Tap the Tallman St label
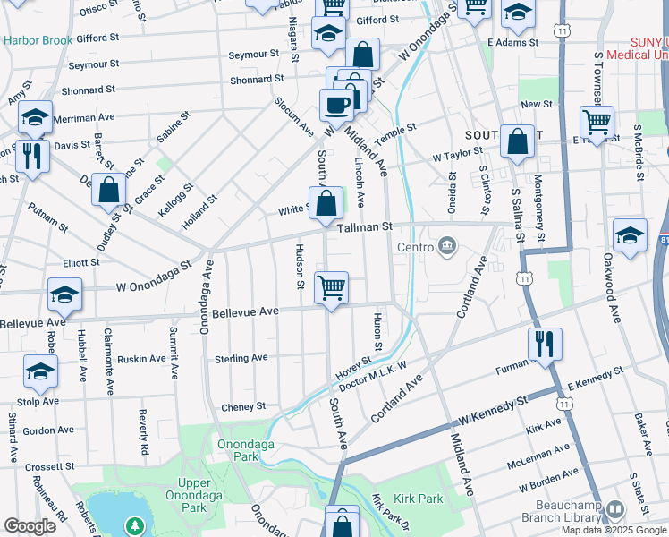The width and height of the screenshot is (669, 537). pyautogui.click(x=366, y=227)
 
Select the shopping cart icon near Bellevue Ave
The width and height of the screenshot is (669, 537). pyautogui.click(x=332, y=287)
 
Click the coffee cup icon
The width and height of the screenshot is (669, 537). pyautogui.click(x=336, y=105)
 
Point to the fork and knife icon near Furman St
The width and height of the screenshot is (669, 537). pyautogui.click(x=545, y=342)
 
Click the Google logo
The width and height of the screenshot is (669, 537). pyautogui.click(x=30, y=525)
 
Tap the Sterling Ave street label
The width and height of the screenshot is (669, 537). pyautogui.click(x=241, y=358)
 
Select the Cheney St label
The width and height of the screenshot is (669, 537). pyautogui.click(x=242, y=405)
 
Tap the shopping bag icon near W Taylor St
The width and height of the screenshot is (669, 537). pyautogui.click(x=517, y=141)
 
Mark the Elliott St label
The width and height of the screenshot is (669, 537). pyautogui.click(x=81, y=262)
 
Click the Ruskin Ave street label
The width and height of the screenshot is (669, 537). pyautogui.click(x=141, y=358)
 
